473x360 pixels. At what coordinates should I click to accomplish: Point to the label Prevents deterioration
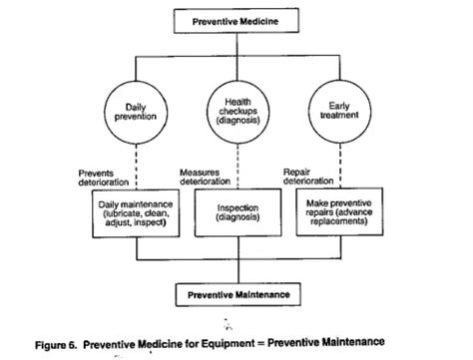[104, 176]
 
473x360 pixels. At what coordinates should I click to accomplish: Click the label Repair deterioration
[307, 176]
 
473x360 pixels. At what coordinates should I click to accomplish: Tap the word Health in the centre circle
[236, 101]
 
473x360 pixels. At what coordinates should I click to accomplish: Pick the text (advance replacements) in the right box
[337, 216]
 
